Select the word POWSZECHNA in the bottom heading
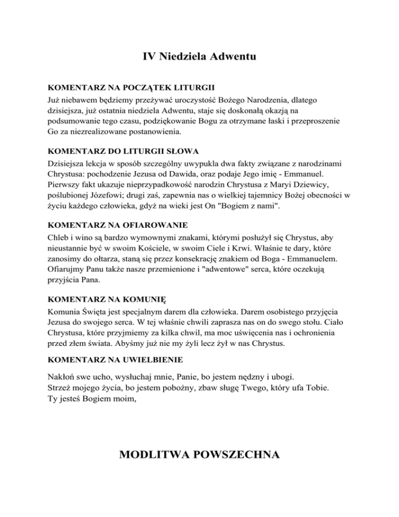tap(240, 457)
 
